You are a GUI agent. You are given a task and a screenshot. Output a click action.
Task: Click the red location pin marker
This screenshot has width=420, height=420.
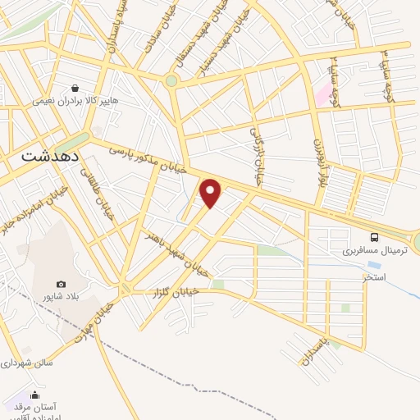212,194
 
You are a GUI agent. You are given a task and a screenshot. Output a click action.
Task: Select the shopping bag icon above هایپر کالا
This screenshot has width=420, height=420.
75,88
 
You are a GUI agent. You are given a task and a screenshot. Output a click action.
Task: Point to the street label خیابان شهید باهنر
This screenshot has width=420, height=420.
172,249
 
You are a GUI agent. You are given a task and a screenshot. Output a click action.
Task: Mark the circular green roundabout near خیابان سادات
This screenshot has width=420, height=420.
171,80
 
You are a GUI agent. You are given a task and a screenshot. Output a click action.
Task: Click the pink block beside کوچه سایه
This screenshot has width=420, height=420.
322,94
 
